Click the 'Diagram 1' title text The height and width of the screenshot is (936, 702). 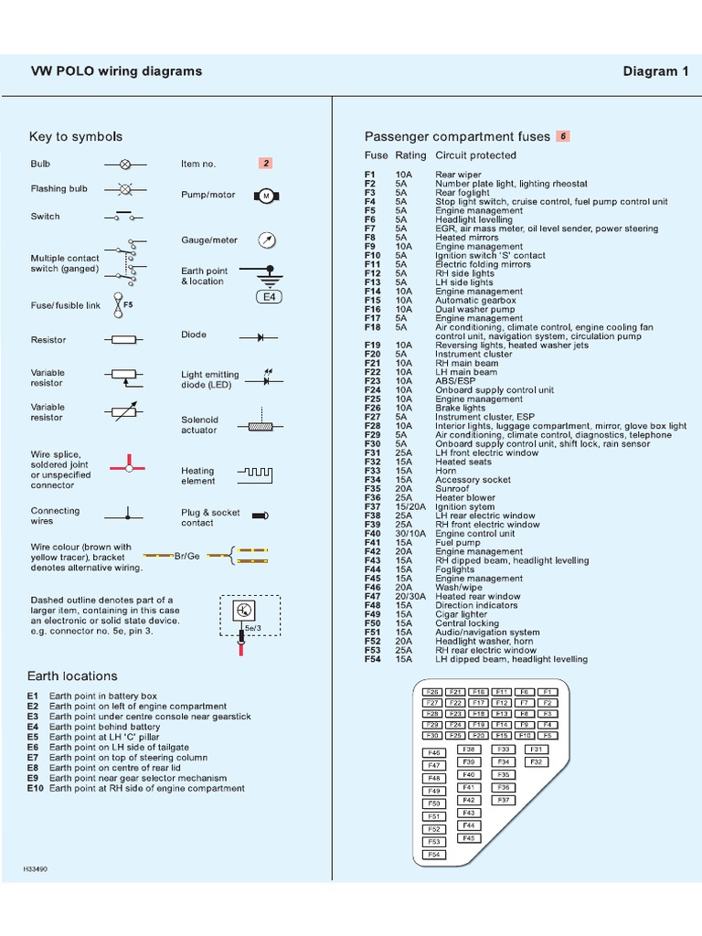click(x=655, y=71)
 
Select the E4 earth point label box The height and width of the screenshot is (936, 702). click(x=268, y=297)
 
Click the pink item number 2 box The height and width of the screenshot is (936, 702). click(x=266, y=164)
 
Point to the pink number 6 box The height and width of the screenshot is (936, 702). click(x=563, y=136)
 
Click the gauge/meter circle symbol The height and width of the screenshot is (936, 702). click(x=267, y=240)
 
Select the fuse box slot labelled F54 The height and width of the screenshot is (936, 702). click(x=434, y=855)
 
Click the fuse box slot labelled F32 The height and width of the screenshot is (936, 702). click(x=537, y=761)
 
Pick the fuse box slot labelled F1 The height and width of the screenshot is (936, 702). click(x=547, y=692)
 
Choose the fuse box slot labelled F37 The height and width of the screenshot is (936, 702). click(x=502, y=800)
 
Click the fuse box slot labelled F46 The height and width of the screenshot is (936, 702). click(x=434, y=752)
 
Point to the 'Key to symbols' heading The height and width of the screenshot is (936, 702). click(x=76, y=136)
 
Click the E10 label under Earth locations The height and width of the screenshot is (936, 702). click(x=36, y=788)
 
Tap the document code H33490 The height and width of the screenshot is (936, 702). click(x=35, y=868)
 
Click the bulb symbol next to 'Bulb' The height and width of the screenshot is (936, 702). click(x=126, y=165)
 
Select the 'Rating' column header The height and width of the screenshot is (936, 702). click(x=410, y=155)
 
